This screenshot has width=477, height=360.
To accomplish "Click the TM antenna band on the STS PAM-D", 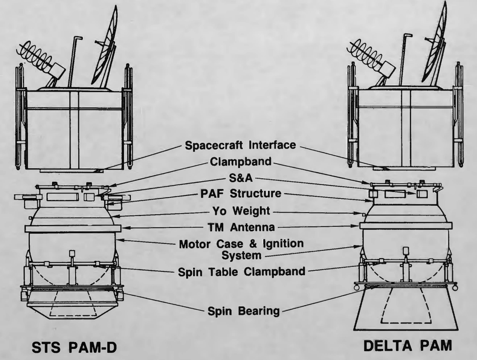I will click(73, 228).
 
